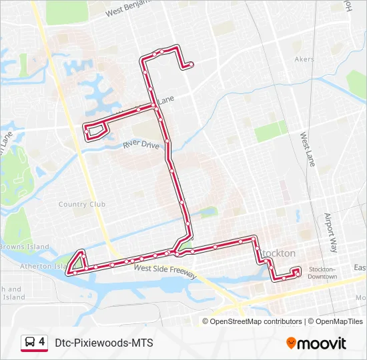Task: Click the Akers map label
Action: (x=304, y=59)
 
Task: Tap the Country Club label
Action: (x=82, y=205)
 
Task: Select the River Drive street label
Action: (x=141, y=144)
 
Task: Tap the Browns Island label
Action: (x=25, y=247)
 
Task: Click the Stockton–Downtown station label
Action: (x=322, y=272)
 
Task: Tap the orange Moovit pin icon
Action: (x=292, y=343)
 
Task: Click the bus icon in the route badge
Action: (x=30, y=343)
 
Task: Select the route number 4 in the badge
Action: (x=42, y=342)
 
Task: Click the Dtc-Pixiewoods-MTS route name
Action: (x=104, y=343)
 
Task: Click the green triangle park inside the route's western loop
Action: (x=79, y=262)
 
